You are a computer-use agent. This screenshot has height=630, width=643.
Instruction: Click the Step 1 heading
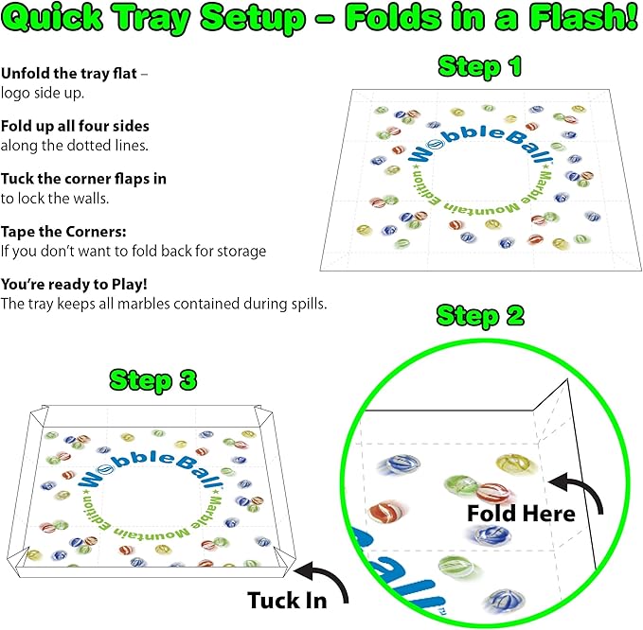(480, 67)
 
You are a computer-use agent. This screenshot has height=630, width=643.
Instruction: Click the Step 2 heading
(481, 316)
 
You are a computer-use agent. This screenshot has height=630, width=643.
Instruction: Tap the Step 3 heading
(153, 381)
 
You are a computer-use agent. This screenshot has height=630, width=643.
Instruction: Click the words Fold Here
(521, 514)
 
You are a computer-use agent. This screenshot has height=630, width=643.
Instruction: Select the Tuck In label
(287, 601)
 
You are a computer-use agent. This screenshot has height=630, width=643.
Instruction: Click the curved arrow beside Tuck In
(322, 580)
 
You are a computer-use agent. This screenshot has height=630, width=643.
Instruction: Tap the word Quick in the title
(53, 18)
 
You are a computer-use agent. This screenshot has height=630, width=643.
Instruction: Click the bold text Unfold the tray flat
(68, 74)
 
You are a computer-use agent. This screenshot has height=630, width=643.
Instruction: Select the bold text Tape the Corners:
(63, 232)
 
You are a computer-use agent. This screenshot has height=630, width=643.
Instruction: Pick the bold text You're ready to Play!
(74, 285)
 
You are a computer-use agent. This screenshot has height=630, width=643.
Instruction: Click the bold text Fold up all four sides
(75, 126)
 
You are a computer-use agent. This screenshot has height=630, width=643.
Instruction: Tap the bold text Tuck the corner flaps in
(83, 179)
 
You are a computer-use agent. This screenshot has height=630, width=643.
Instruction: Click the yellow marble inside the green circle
(514, 464)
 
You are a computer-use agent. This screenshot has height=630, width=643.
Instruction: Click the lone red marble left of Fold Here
(385, 511)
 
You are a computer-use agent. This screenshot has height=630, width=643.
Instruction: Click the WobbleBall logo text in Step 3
(150, 469)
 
